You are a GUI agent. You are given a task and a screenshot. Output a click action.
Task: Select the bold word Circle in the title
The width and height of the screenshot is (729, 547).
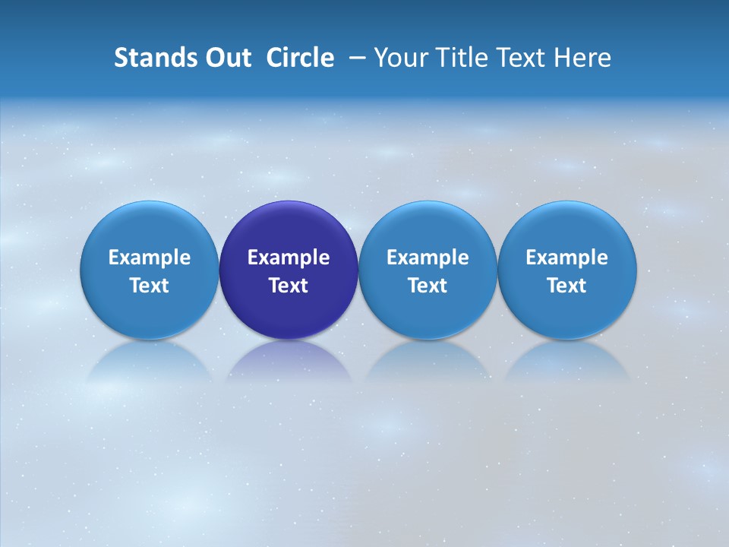coord(300,58)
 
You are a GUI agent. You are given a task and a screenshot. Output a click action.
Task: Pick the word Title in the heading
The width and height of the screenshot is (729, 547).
coord(457,58)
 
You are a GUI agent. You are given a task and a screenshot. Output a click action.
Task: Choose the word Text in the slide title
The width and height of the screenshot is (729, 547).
coord(517,58)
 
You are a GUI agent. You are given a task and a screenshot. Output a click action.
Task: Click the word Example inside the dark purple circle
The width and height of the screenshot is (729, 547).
coord(289,258)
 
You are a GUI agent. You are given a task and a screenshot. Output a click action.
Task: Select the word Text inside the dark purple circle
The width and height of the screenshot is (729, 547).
coord(289,286)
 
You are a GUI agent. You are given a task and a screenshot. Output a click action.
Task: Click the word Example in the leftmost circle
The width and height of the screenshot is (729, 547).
coord(150,258)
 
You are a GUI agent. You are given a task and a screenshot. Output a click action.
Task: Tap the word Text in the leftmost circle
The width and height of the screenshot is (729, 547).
coord(150,286)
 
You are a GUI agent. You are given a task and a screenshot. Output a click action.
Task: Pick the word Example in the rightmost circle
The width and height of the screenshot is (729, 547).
coord(566,258)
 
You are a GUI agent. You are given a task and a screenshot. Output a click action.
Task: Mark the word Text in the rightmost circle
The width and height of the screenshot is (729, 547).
coord(566,286)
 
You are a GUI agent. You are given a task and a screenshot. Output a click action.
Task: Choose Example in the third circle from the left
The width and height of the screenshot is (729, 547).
coord(428,258)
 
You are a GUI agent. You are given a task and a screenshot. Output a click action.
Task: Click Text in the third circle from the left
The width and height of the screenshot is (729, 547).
coord(428,286)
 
